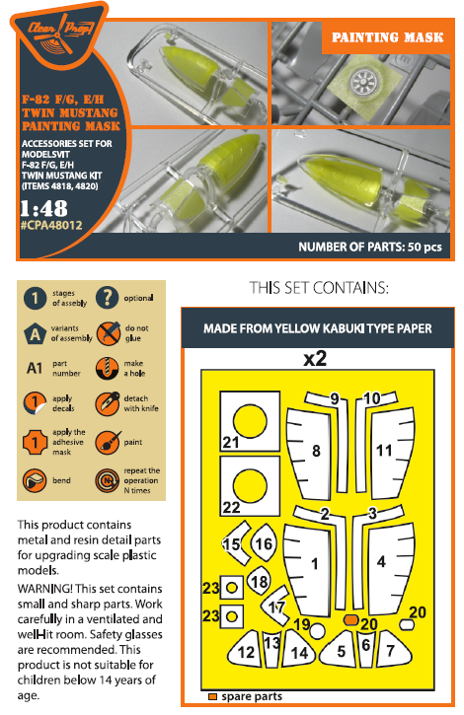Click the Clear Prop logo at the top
point(60,35)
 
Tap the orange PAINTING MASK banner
point(387,36)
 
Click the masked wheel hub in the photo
point(363,83)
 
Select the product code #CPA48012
point(51,225)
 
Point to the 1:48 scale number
point(43,208)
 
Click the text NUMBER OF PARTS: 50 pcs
point(370,247)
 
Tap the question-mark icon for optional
point(108,298)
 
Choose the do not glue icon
point(109,333)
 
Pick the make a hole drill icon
point(108,369)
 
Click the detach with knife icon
point(108,403)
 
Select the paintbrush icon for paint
point(109,442)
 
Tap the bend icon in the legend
point(35,480)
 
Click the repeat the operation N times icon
point(108,480)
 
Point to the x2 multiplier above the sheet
point(315,358)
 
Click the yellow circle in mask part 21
point(250,421)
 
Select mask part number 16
point(264,543)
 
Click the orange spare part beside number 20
point(350,619)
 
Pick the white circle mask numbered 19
point(318,631)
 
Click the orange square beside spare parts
point(212,697)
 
